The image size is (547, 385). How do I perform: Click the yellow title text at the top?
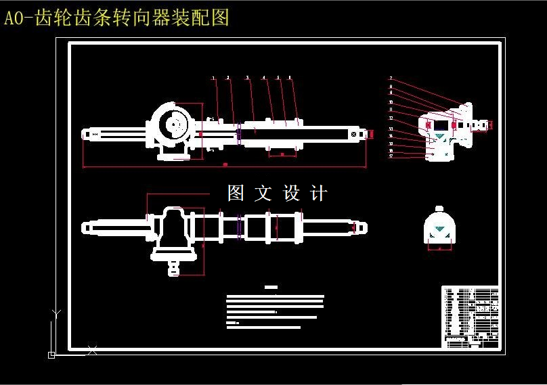click(x=116, y=18)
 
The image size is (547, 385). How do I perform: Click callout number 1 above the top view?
click(x=214, y=78)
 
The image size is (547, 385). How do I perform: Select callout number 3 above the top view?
click(x=247, y=78)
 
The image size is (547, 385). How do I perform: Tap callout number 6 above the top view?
click(x=290, y=78)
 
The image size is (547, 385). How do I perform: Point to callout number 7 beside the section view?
click(x=391, y=79)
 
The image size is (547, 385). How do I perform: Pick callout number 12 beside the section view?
click(x=391, y=118)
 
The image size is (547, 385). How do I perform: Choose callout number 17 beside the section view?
click(x=391, y=156)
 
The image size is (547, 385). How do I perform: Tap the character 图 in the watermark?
click(x=235, y=194)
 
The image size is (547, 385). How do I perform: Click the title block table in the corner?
click(x=471, y=317)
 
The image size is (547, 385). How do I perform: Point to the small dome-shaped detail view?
click(x=439, y=227)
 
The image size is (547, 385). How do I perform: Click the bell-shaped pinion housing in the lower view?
click(x=175, y=230)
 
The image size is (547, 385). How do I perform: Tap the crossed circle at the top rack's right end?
click(x=354, y=134)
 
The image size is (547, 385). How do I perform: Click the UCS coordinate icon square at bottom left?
click(x=51, y=354)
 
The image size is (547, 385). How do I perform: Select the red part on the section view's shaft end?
click(x=491, y=124)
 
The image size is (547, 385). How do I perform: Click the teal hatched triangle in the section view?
click(x=439, y=137)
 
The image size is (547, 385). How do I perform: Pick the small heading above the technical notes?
click(x=271, y=288)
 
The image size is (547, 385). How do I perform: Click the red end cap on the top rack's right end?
click(x=371, y=134)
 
